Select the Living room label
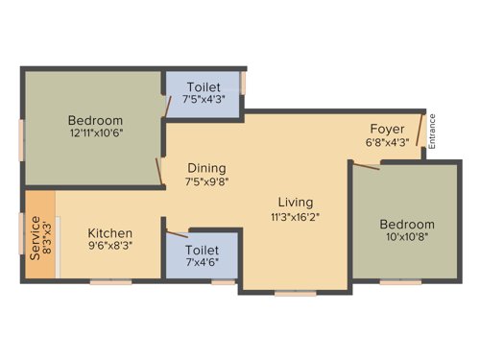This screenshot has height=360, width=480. pyautogui.click(x=295, y=202)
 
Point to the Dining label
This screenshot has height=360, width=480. pyautogui.click(x=207, y=167)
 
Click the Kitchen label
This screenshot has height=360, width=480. pyautogui.click(x=110, y=233)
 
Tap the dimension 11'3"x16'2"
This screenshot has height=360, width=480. pyautogui.click(x=295, y=216)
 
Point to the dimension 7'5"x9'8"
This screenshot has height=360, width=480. pyautogui.click(x=207, y=180)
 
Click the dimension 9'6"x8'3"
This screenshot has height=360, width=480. pyautogui.click(x=110, y=247)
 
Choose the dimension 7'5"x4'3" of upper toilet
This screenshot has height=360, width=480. pyautogui.click(x=204, y=98)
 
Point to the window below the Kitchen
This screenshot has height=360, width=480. pyautogui.click(x=110, y=281)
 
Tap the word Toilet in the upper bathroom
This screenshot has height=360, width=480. pyautogui.click(x=204, y=84)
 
